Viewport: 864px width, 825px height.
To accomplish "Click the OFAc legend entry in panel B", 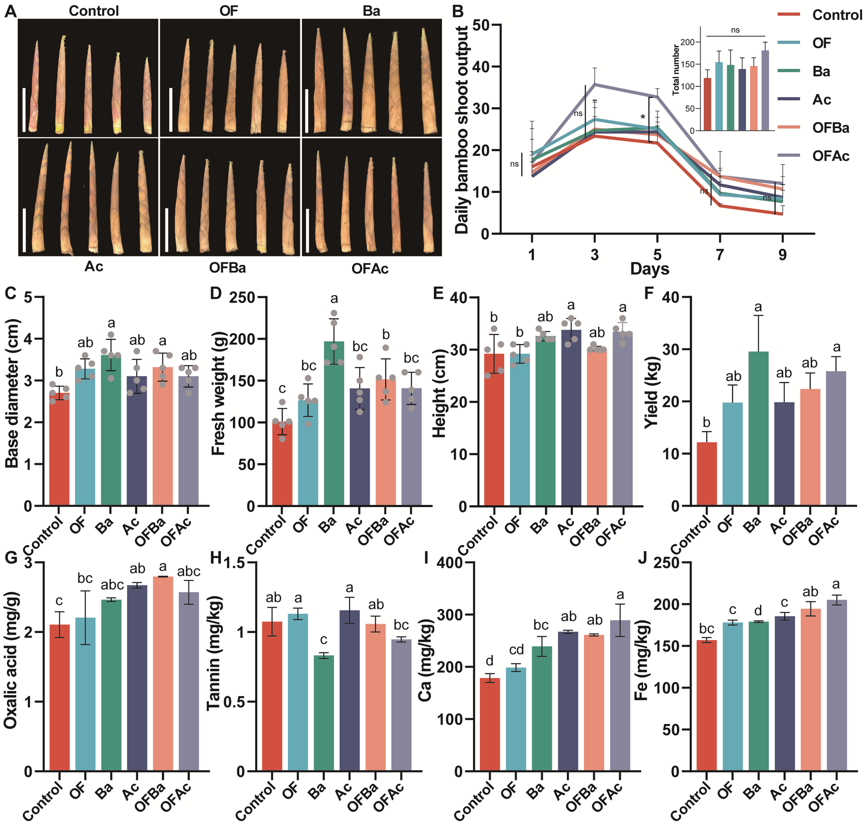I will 830,156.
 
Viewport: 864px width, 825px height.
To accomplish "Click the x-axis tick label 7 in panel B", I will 720,254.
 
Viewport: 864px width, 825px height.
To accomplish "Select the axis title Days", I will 649,269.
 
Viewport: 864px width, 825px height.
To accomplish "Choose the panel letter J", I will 643,558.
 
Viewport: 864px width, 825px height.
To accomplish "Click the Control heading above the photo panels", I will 94,11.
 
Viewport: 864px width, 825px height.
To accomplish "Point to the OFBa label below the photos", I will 227,268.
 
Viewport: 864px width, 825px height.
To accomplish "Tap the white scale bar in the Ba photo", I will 307,111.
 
